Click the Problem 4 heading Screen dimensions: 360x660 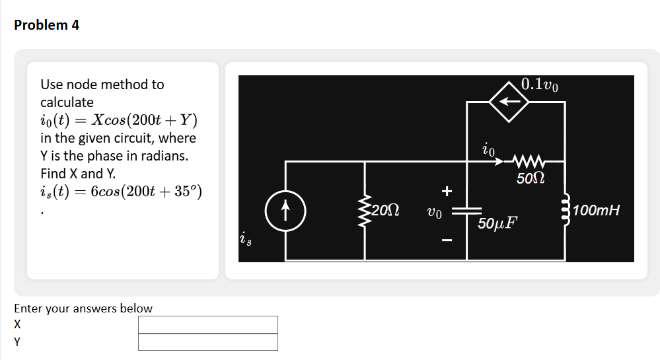46,25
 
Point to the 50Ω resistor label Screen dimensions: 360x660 530,178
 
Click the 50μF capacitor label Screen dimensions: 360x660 497,223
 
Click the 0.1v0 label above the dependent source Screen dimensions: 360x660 539,85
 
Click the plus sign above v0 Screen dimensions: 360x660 447,192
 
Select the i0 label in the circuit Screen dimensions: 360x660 488,148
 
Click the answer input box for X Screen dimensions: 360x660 208,324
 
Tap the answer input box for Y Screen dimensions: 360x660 208,342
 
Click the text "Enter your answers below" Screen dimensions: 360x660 83,308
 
